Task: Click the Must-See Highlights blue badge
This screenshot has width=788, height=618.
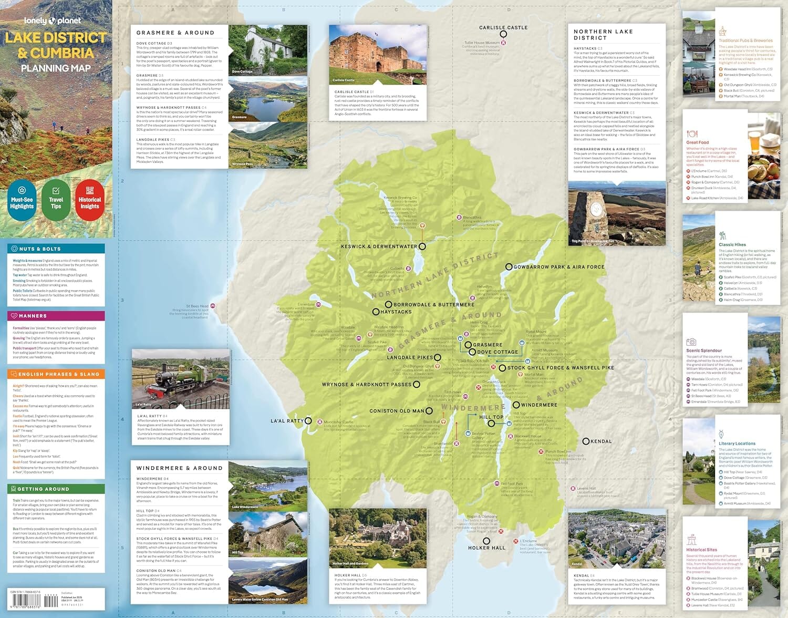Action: tap(22, 199)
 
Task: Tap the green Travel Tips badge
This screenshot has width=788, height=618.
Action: tap(56, 199)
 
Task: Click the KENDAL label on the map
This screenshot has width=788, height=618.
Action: tap(601, 441)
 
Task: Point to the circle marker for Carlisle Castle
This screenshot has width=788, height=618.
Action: tap(503, 34)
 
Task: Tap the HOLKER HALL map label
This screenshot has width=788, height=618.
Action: tap(486, 548)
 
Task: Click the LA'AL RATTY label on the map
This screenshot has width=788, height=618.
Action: tap(287, 421)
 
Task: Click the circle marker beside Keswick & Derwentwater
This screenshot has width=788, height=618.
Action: tap(422, 246)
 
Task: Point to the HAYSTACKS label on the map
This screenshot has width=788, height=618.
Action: tap(396, 312)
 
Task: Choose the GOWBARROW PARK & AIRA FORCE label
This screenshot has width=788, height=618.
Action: tap(558, 267)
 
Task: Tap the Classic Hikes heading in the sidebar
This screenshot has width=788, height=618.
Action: tap(732, 245)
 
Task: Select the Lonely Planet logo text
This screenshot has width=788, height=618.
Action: tap(53, 21)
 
